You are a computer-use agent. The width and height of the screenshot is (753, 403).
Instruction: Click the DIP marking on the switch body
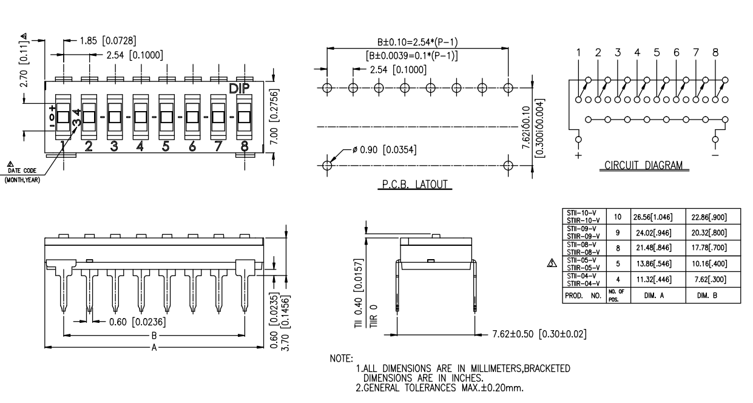[242, 89]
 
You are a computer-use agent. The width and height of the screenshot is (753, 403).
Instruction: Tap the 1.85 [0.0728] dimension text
[108, 41]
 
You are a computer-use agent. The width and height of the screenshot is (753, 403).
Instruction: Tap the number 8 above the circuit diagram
[715, 52]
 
